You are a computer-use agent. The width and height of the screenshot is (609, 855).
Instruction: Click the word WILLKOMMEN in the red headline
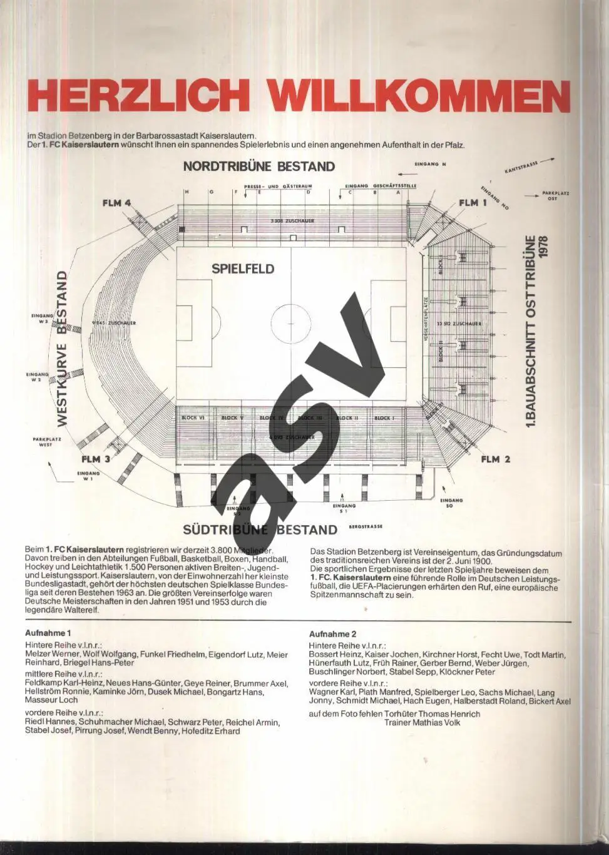pyautogui.click(x=421, y=96)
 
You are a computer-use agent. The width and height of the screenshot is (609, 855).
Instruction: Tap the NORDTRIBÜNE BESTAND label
pyautogui.click(x=258, y=166)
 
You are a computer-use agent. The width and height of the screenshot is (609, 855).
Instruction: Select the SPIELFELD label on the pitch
pyautogui.click(x=243, y=269)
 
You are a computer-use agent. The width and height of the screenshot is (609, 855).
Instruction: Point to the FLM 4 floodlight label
pyautogui.click(x=116, y=203)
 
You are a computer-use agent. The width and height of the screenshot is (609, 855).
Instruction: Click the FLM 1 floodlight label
pyautogui.click(x=473, y=203)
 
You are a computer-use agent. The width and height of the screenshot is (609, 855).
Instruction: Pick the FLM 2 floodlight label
pyautogui.click(x=495, y=459)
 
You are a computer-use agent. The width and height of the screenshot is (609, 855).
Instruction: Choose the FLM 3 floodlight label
pyautogui.click(x=96, y=459)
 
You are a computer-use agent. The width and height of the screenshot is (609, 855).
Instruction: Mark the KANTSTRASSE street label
pyautogui.click(x=521, y=166)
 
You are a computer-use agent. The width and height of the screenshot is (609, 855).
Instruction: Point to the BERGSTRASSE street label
pyautogui.click(x=366, y=526)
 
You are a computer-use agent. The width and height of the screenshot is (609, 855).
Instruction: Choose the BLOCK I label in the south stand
pyautogui.click(x=383, y=417)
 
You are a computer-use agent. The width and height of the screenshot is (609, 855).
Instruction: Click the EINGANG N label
pyautogui.click(x=430, y=164)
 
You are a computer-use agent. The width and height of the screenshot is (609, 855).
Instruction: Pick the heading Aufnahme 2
pyautogui.click(x=332, y=634)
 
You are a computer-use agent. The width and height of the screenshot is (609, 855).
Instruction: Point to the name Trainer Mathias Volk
pyautogui.click(x=422, y=722)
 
